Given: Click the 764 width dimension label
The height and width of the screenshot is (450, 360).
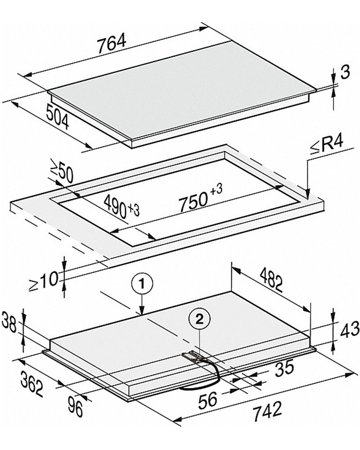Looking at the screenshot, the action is [x=112, y=44].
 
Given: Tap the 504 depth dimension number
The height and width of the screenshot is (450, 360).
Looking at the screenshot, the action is [x=58, y=117].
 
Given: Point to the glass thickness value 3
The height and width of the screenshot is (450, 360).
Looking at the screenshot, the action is [x=345, y=72].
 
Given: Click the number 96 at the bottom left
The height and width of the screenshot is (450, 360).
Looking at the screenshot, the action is [x=75, y=406].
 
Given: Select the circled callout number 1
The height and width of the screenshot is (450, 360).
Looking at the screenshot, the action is [x=142, y=283].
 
